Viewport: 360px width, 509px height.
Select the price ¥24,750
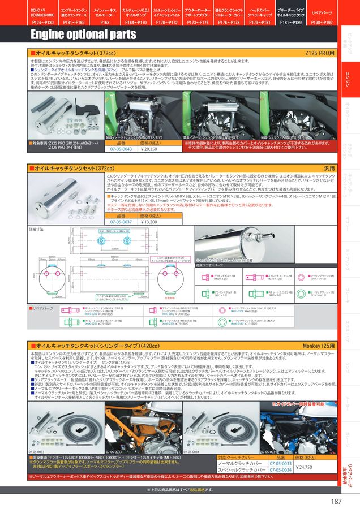[305, 467]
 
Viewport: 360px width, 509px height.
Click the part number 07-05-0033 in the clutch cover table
[280, 463]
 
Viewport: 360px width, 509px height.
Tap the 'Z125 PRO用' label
[321, 52]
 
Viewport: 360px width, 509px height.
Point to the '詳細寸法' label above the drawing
[37, 230]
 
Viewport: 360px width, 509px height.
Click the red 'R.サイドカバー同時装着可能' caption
[299, 404]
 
